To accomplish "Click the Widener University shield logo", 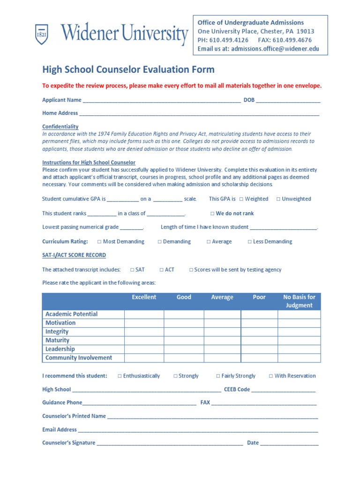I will [42, 35].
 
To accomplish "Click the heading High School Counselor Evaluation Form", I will [128, 70].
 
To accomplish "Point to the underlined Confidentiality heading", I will [60, 127].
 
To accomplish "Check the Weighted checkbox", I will [241, 199].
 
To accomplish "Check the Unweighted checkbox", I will [278, 199].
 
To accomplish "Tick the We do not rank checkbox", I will [212, 214].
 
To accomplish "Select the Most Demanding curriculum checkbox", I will [99, 242].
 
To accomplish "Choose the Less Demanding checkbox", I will [250, 242].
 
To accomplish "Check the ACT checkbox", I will [162, 270].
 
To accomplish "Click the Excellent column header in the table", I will [144, 297].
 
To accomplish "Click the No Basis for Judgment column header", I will [299, 301].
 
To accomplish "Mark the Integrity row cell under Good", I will [184, 332].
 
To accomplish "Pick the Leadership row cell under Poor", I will [259, 349].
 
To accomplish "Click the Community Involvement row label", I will [79, 358].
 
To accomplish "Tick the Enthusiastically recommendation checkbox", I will [120, 376].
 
